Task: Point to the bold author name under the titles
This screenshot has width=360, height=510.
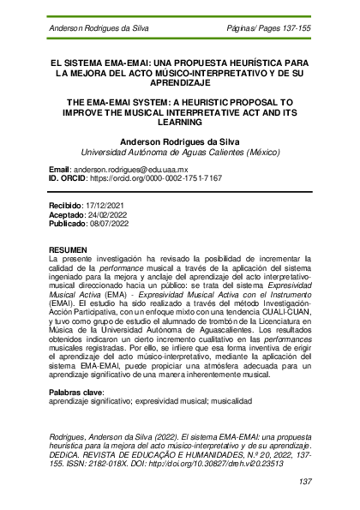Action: click(180, 141)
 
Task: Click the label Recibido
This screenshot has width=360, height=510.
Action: click(68, 207)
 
